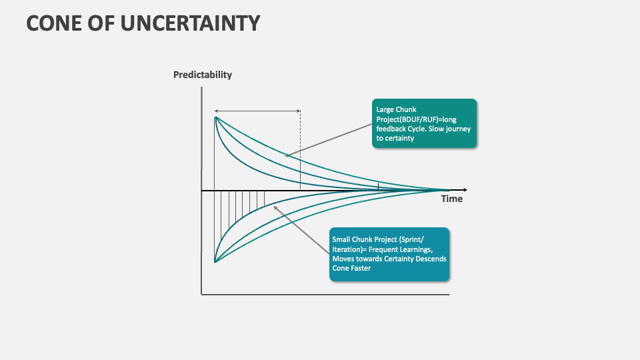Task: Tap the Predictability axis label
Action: tap(203, 75)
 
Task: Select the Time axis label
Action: tap(451, 199)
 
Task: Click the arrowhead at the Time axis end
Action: tap(465, 190)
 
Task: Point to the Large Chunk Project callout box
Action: tap(425, 123)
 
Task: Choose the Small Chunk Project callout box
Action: tap(389, 254)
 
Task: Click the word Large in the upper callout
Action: tap(385, 109)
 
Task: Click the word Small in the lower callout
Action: tap(341, 239)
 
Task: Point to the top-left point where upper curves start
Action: tap(215, 117)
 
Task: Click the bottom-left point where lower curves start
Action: tap(215, 262)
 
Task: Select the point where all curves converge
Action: tap(448, 190)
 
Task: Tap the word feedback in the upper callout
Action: tap(391, 129)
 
